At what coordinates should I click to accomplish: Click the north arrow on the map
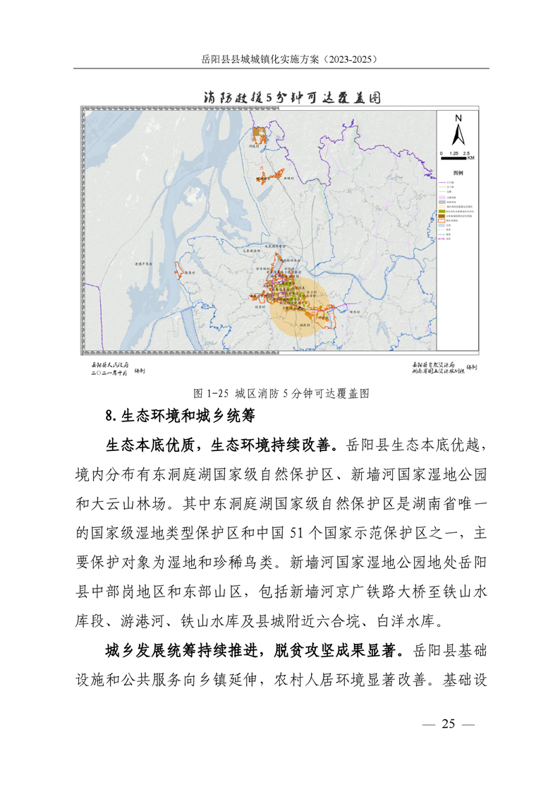458,133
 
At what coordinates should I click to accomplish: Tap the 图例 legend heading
458,172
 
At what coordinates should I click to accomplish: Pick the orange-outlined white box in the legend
441,220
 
